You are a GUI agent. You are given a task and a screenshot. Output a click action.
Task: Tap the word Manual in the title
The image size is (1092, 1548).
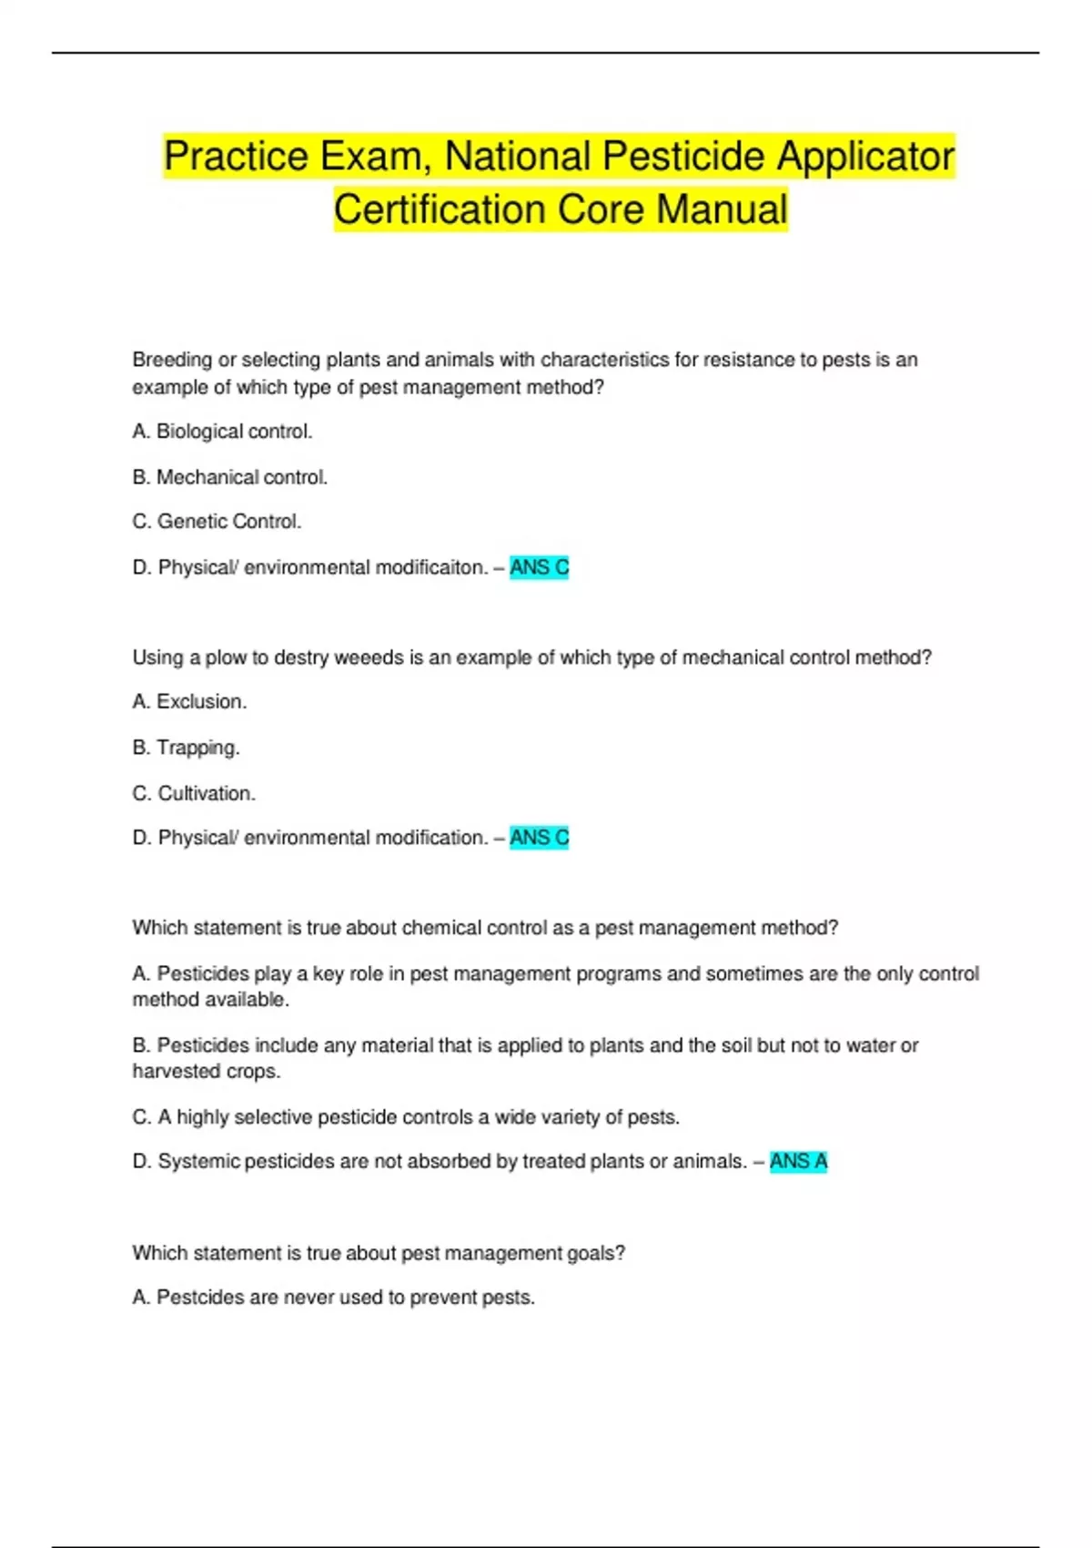722,209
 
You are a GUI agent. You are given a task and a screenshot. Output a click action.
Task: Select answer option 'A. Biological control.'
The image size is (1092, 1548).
222,432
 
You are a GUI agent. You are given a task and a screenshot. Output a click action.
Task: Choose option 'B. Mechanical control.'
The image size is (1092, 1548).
229,477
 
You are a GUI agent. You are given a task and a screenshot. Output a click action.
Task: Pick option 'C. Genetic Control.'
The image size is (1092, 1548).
217,522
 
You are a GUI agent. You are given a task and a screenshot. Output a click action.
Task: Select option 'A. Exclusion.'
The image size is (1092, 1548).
189,702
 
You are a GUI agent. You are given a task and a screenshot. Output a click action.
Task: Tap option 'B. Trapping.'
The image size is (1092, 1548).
186,748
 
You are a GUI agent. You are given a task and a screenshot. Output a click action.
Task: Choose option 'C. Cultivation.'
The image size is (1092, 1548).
194,793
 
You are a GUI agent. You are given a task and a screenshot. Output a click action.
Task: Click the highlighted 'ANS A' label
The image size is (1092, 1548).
798,1162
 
